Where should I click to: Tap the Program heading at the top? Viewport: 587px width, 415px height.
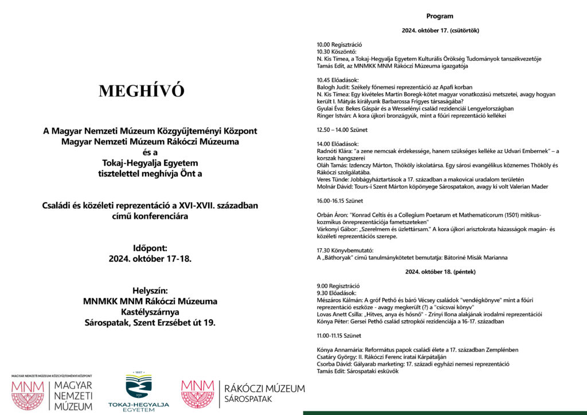coord(440,16)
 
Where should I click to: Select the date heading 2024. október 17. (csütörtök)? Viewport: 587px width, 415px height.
coord(440,30)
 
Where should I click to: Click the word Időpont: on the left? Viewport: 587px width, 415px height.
coord(150,248)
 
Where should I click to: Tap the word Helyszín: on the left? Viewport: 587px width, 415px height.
coord(150,290)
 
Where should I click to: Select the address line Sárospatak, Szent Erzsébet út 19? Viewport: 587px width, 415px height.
coord(150,323)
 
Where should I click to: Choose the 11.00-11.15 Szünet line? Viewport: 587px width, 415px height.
coord(339,335)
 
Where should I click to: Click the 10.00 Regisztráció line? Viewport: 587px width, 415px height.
coord(339,45)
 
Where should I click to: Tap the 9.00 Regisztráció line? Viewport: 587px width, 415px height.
coord(338,285)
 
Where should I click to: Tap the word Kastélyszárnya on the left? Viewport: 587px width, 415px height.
coord(150,312)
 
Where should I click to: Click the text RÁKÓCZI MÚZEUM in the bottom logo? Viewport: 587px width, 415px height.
coord(264,389)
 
